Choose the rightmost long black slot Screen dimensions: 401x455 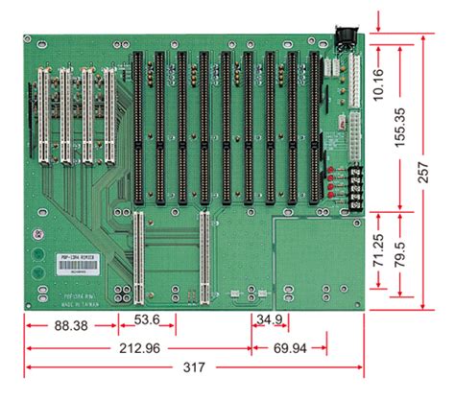tap(314, 125)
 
